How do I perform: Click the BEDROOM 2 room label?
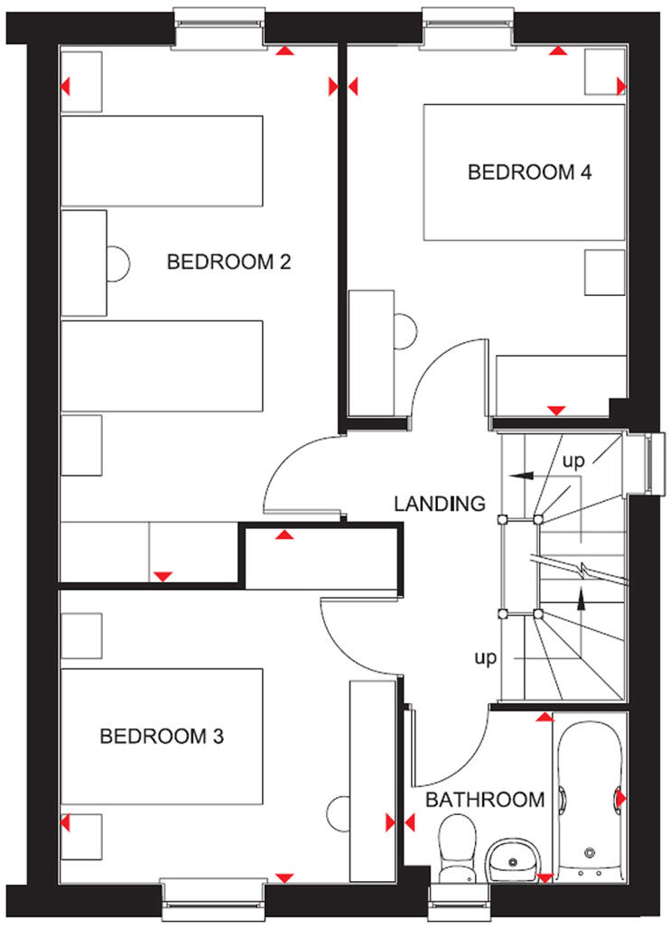tap(228, 263)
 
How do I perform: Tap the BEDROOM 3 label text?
tap(162, 737)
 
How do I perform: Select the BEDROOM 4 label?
tap(529, 172)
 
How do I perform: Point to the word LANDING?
tap(440, 504)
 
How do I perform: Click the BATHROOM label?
tap(485, 800)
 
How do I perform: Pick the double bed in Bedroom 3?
tap(162, 736)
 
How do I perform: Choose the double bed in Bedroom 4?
tap(525, 172)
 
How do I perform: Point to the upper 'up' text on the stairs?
tap(573, 460)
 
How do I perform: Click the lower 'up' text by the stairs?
tap(486, 657)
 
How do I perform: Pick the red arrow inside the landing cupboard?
tap(285, 535)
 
